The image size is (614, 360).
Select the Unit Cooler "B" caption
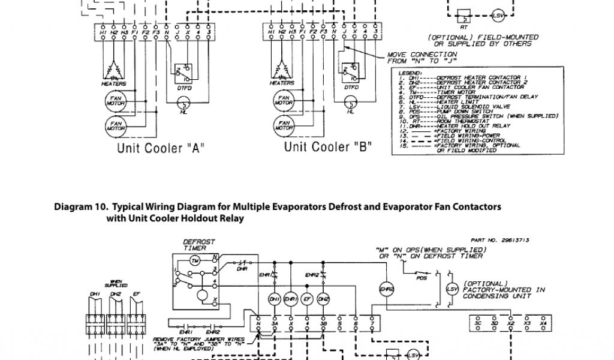pyautogui.click(x=328, y=147)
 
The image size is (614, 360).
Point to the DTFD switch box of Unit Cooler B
pyautogui.click(x=351, y=70)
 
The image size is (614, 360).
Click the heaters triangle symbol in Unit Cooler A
pyautogui.click(x=113, y=71)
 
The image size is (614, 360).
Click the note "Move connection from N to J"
pyautogui.click(x=414, y=58)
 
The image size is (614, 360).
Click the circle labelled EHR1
pyautogui.click(x=290, y=299)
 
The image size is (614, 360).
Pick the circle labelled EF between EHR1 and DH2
pyautogui.click(x=306, y=299)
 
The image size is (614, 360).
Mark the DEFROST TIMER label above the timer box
pyautogui.click(x=198, y=245)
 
